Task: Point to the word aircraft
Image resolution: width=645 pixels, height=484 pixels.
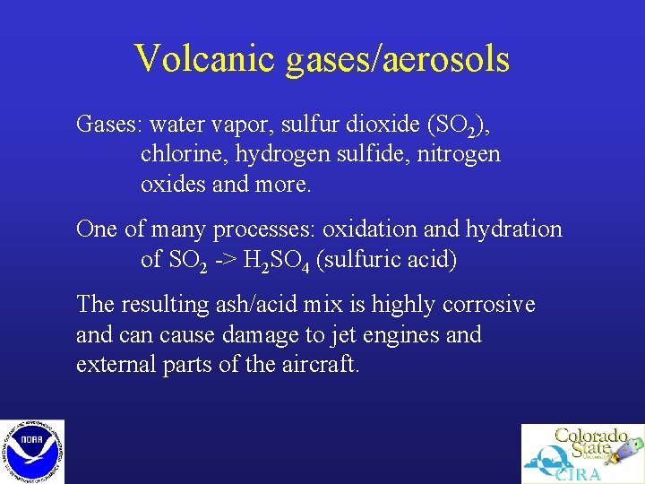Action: (319, 366)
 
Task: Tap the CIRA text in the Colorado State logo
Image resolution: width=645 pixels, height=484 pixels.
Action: (577, 473)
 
